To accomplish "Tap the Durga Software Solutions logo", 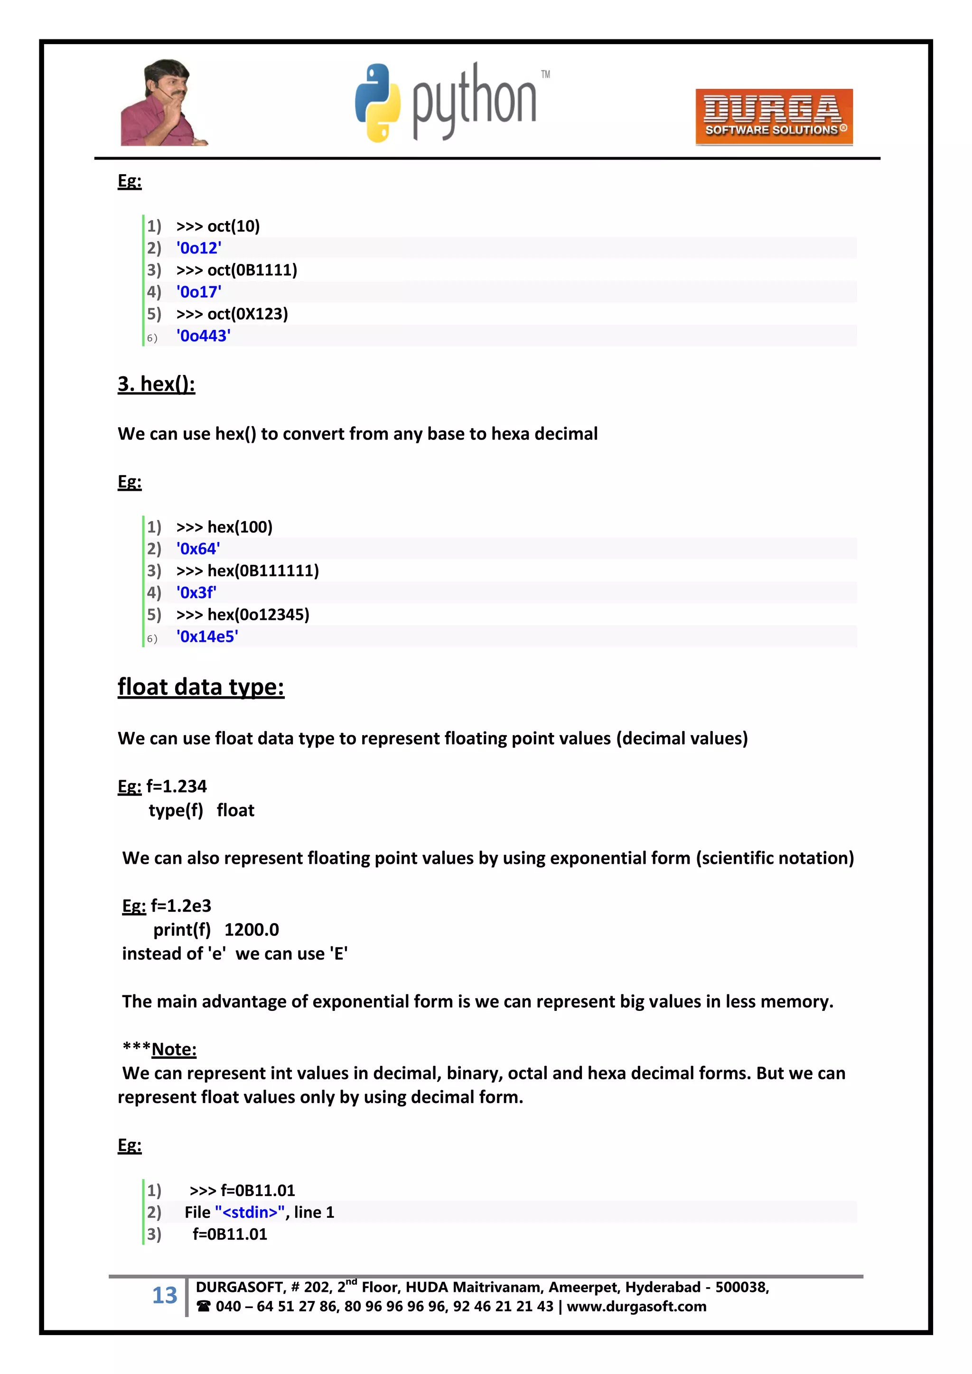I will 773,117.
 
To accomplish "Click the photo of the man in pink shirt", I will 162,103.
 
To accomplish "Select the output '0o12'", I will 199,248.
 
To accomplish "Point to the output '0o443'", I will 204,336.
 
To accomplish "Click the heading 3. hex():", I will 156,383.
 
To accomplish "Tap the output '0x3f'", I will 196,592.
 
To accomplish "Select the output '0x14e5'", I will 207,636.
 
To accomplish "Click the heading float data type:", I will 200,687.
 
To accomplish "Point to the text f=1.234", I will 177,786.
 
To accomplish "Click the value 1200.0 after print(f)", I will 252,929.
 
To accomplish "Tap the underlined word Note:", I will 174,1049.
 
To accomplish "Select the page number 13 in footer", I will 165,1294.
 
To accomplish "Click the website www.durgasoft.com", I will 636,1306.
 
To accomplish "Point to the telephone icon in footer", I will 204,1306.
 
